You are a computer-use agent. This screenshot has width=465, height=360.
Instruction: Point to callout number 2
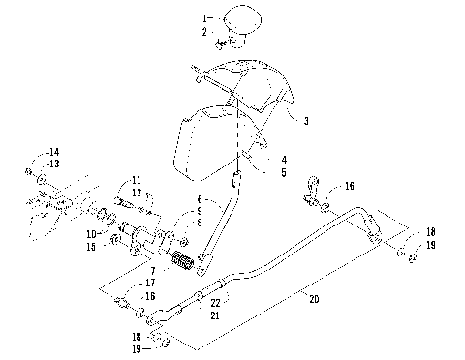tap(205, 32)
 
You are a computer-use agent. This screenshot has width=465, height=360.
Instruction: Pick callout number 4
tap(284, 160)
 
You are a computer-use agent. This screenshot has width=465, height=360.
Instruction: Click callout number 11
tap(137, 180)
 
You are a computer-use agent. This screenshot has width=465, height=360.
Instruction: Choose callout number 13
tap(53, 164)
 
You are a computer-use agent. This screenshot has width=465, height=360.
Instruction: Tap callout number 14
tap(53, 152)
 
